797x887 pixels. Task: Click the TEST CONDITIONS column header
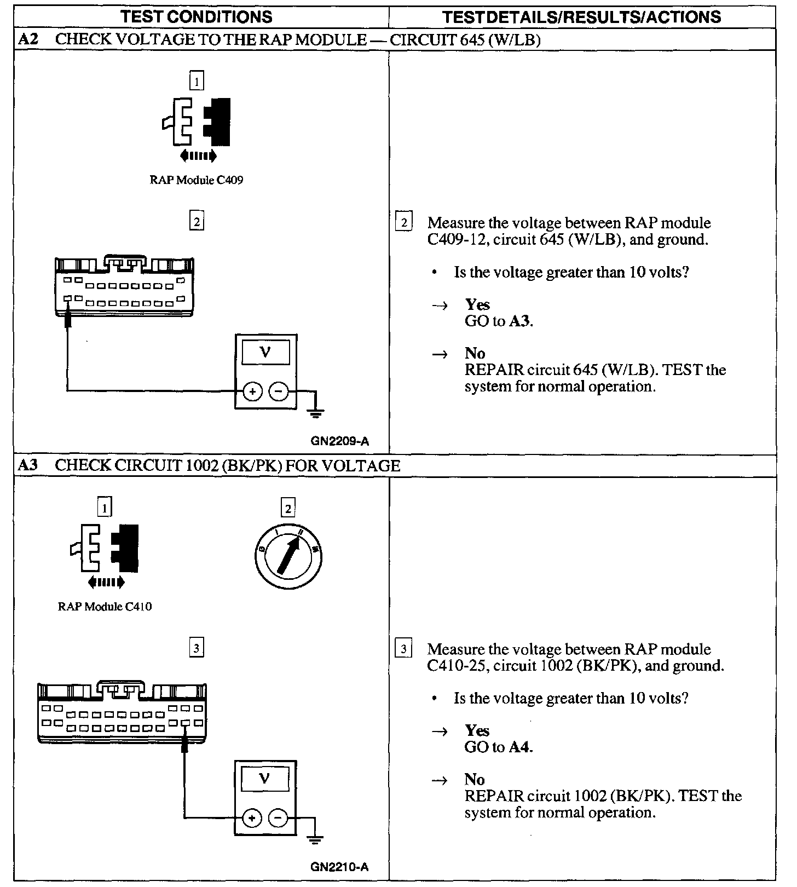[197, 16]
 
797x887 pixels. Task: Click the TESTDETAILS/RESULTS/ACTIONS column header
[581, 16]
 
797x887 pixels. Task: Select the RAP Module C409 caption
[197, 180]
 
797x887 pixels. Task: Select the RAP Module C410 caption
[105, 606]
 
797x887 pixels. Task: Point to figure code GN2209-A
[339, 440]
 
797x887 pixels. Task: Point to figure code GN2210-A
[339, 867]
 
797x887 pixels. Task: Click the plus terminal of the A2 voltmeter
[252, 391]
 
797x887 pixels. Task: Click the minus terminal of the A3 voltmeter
[279, 818]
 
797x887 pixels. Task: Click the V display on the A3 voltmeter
[265, 778]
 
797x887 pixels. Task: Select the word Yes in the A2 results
[477, 304]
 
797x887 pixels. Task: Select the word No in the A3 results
[475, 779]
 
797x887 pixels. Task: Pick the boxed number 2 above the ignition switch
[288, 508]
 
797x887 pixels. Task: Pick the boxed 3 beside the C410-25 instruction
[403, 649]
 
